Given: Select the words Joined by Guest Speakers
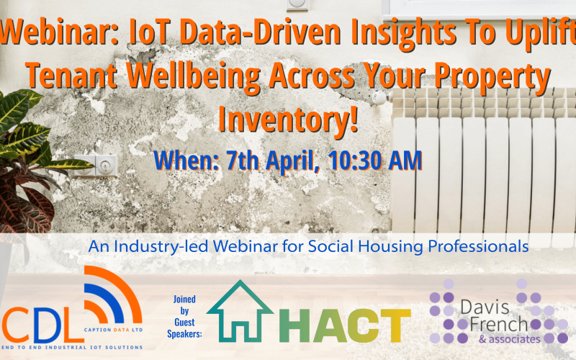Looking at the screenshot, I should [185, 314].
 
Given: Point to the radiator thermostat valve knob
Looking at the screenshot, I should [379, 98].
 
